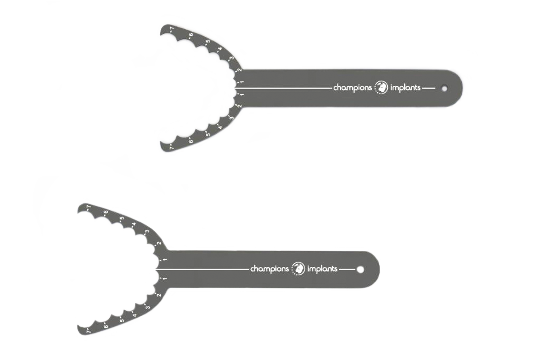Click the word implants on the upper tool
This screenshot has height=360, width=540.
(405, 88)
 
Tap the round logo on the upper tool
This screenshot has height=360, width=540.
(381, 87)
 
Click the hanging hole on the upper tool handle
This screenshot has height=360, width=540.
(444, 89)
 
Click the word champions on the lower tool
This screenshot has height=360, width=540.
(270, 269)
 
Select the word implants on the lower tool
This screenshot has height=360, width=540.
(322, 268)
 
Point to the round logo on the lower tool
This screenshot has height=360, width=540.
(298, 268)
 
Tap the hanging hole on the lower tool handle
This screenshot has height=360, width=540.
(360, 269)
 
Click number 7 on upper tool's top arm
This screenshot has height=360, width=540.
(172, 29)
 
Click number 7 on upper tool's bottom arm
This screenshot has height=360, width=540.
(172, 147)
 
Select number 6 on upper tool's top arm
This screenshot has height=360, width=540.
(191, 35)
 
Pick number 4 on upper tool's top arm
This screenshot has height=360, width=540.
(220, 49)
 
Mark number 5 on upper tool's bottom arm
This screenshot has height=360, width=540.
(208, 134)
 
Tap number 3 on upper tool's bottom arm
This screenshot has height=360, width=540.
(232, 118)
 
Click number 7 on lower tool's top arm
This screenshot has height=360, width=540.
(89, 207)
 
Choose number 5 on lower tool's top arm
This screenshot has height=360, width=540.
(122, 219)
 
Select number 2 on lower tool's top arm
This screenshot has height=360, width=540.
(159, 243)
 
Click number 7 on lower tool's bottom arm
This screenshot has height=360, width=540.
(89, 331)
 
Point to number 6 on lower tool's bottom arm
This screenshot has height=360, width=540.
(105, 326)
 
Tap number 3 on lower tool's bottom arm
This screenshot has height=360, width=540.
(148, 307)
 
